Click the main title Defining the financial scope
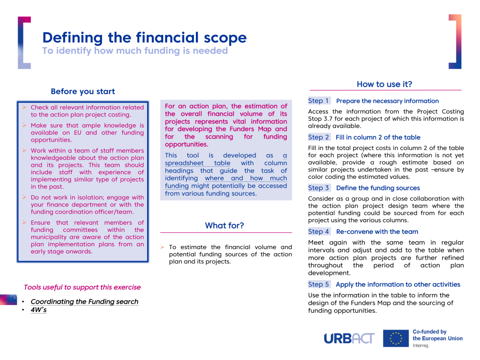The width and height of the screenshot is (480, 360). (x=144, y=37)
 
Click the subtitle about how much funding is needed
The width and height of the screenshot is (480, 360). (x=135, y=50)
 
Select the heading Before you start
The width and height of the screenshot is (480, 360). (x=83, y=92)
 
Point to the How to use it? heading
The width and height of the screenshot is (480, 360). (x=385, y=84)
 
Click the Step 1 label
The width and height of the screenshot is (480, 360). (x=319, y=101)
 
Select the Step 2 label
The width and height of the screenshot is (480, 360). (x=319, y=137)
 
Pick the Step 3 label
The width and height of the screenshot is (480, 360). (x=319, y=188)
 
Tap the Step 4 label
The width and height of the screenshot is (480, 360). (x=319, y=231)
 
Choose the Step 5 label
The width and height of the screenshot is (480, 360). (x=319, y=284)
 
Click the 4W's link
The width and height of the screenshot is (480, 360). (x=38, y=310)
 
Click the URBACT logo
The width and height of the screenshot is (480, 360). (x=349, y=339)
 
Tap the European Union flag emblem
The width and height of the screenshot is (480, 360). (x=396, y=339)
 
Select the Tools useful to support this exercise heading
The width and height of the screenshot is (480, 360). (x=82, y=287)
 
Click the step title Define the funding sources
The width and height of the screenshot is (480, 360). (x=377, y=188)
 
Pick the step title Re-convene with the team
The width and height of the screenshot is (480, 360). (x=377, y=231)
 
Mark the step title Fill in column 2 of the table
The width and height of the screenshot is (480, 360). (x=378, y=137)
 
